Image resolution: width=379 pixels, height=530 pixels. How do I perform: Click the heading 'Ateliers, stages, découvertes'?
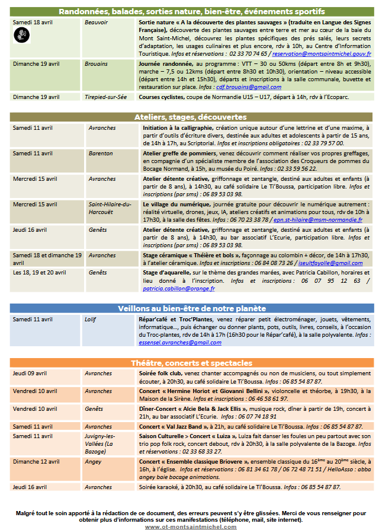tap(190, 117)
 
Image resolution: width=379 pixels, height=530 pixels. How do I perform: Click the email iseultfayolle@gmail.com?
tap(330, 263)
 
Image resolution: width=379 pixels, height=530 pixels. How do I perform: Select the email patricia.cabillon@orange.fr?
tap(179, 289)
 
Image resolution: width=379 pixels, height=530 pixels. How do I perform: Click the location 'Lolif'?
tap(90, 319)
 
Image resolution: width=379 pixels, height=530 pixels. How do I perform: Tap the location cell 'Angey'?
tap(94, 461)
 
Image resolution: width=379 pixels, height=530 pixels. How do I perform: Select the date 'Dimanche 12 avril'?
tap(36, 461)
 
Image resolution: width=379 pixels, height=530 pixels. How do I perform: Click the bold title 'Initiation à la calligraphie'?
tap(177, 128)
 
